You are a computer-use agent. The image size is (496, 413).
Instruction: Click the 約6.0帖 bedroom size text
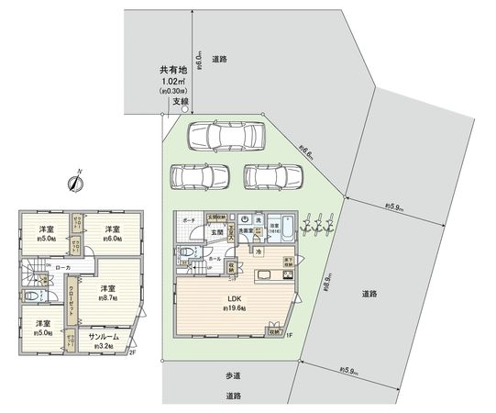[x=113, y=238]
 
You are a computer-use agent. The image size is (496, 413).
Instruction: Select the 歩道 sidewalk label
[x=233, y=376]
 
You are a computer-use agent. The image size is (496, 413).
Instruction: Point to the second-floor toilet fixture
[x=31, y=297]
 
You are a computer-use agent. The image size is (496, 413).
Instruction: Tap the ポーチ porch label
[x=187, y=222]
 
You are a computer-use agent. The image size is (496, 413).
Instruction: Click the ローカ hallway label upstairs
[x=62, y=267]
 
